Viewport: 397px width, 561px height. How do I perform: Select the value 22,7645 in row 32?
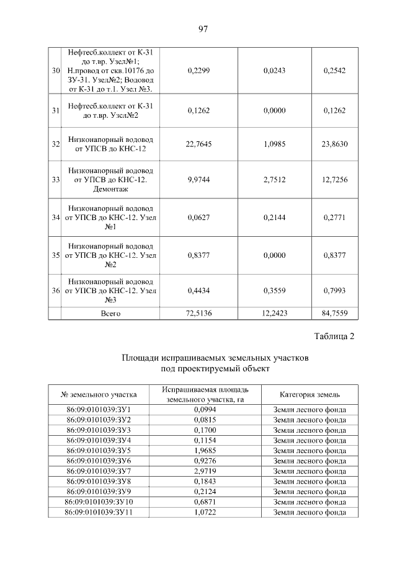point(198,144)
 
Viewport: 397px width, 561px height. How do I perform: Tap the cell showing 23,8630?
point(335,144)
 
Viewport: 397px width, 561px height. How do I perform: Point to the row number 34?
point(55,217)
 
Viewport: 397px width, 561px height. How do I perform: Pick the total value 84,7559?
point(335,313)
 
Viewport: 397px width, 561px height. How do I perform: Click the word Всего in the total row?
point(110,313)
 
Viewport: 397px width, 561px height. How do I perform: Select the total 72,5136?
point(198,313)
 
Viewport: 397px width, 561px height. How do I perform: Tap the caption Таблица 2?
point(334,337)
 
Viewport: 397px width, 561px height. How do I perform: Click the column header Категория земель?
point(310,394)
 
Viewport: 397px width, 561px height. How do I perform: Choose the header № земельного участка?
point(99,394)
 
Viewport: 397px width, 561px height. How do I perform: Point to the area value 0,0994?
point(204,410)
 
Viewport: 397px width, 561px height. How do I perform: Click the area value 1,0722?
point(204,511)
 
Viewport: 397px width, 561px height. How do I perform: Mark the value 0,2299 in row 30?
point(198,71)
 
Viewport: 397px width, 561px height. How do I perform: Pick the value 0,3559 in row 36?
point(274,290)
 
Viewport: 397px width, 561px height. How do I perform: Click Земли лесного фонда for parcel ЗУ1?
point(310,410)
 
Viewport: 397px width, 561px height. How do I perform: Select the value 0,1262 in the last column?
point(335,110)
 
